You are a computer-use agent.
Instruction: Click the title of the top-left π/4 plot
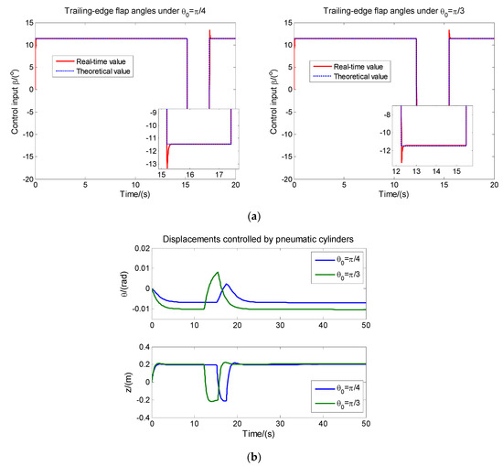coord(134,9)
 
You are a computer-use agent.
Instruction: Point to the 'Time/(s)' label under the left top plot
coord(134,196)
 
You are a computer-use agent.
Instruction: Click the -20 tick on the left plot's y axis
coord(27,179)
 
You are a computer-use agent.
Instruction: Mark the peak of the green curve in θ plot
coord(217,272)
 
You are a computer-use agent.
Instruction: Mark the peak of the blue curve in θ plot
coord(226,284)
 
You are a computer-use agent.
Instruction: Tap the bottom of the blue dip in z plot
coord(222,401)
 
